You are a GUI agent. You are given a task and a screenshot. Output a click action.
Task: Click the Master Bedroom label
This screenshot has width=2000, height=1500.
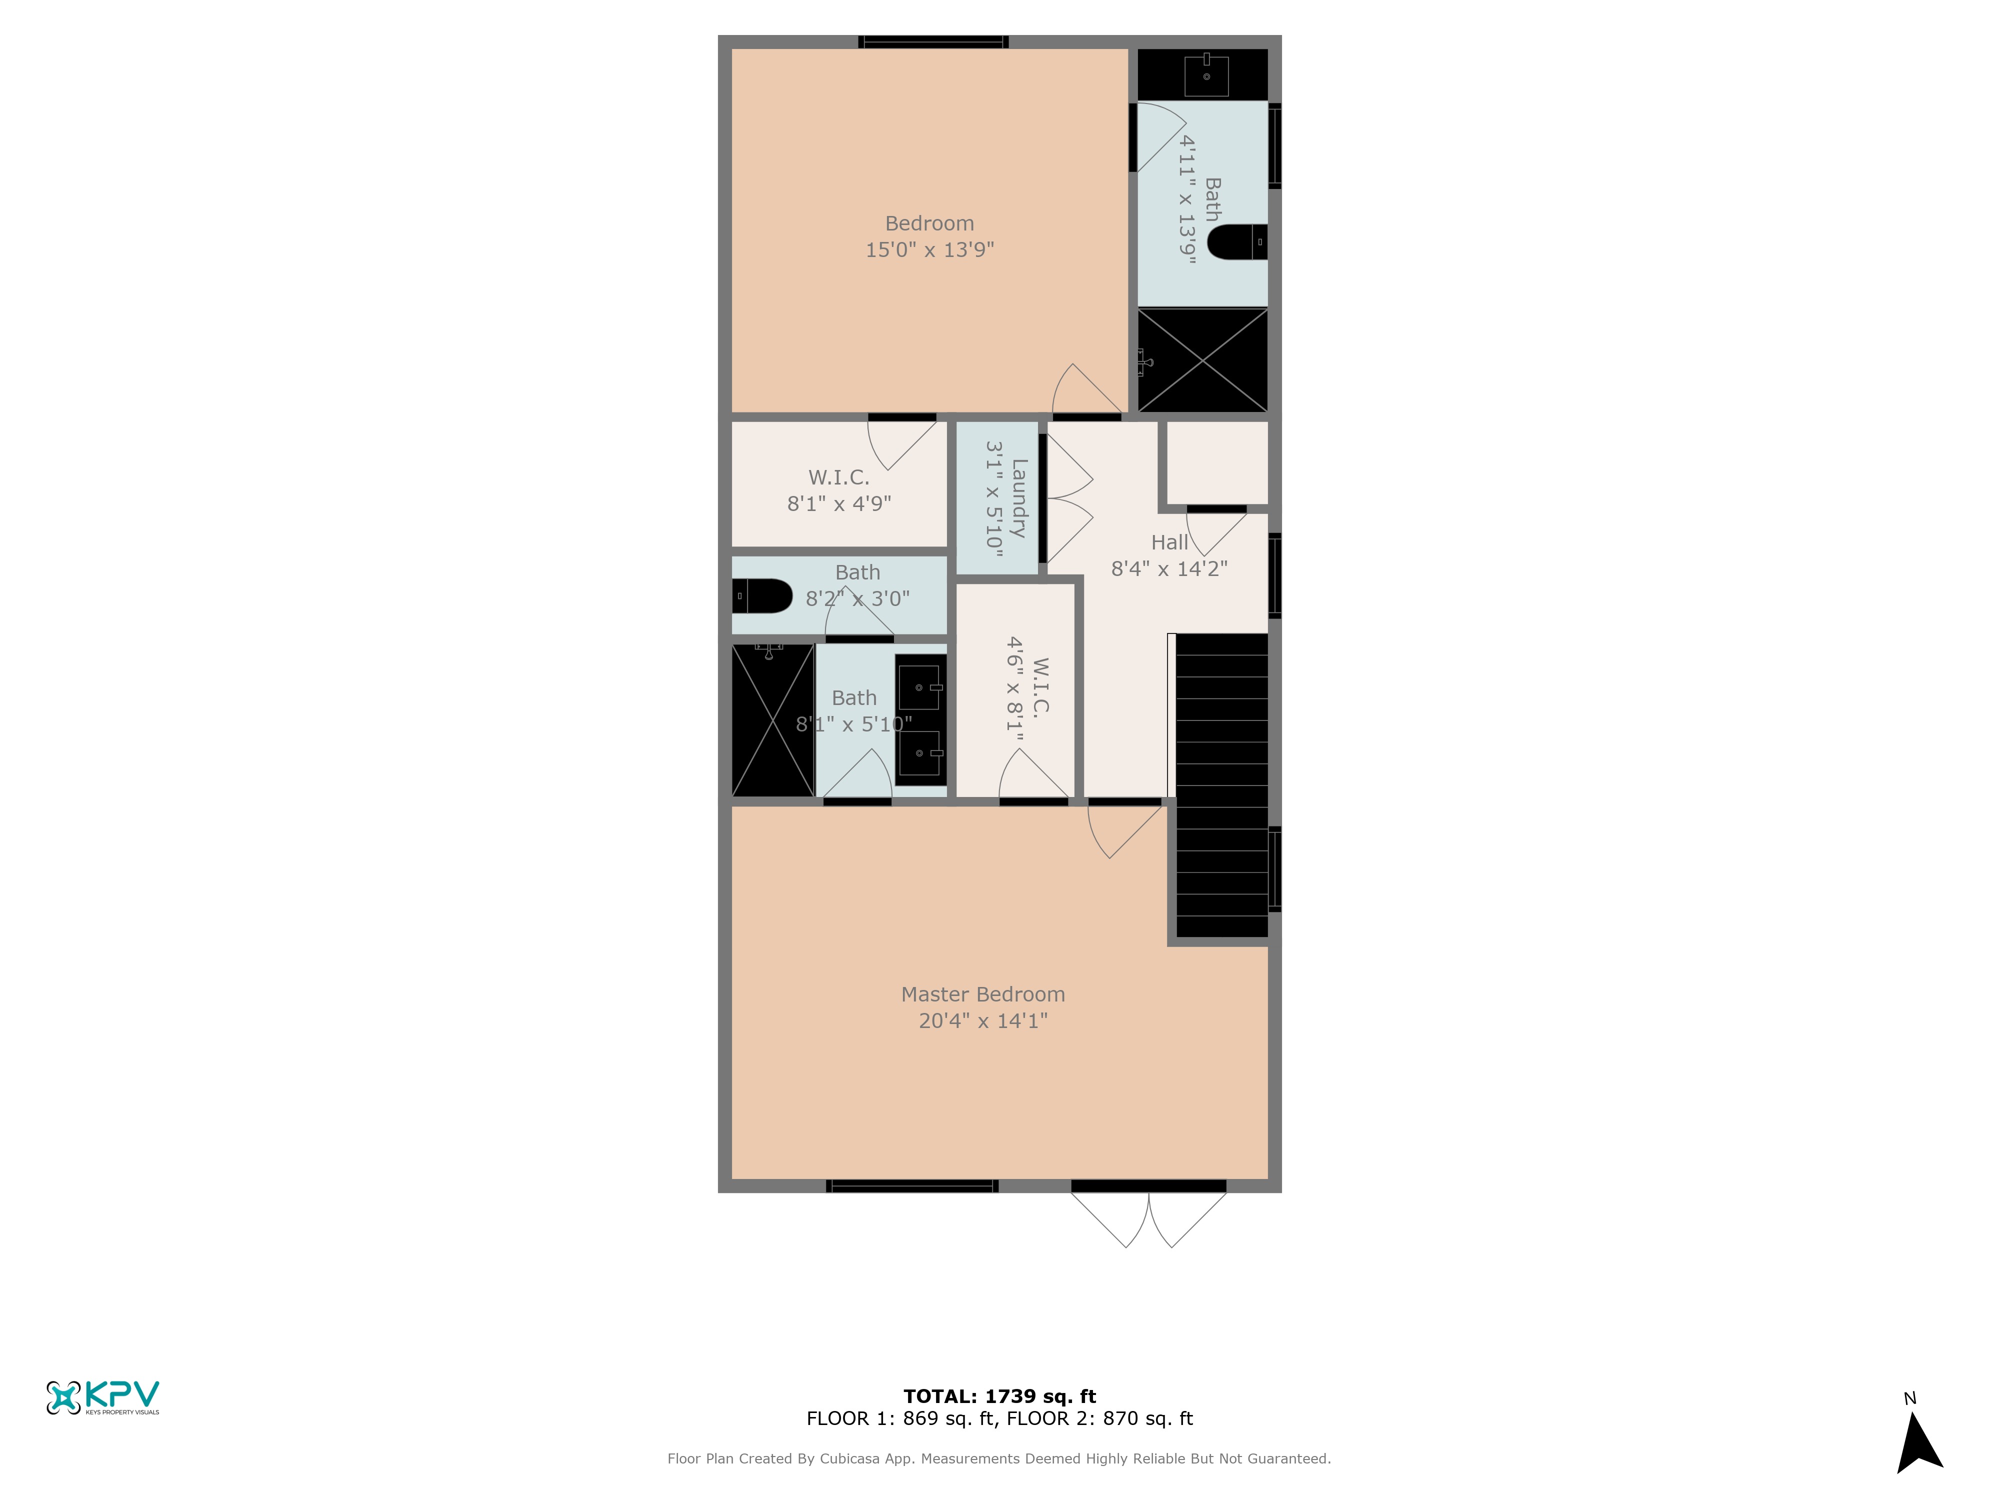click(983, 994)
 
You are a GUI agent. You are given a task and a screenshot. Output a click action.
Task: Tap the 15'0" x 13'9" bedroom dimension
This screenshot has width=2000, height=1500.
click(929, 249)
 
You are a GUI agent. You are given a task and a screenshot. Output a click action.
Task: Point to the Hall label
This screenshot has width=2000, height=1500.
click(1169, 542)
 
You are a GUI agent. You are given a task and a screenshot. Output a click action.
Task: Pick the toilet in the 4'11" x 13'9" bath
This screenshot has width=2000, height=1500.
click(1237, 242)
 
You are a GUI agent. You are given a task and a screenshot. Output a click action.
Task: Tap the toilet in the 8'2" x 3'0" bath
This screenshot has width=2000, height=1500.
click(762, 596)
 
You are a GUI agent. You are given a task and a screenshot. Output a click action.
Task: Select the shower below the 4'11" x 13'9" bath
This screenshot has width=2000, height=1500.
click(1202, 360)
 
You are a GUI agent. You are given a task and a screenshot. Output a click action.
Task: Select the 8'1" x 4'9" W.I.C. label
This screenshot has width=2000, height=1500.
click(839, 490)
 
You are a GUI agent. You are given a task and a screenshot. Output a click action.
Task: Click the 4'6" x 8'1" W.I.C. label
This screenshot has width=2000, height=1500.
click(1028, 689)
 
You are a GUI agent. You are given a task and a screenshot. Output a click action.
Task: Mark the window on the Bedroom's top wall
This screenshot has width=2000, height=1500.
click(933, 41)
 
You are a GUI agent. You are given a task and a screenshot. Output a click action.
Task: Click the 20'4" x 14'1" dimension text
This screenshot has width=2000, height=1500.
click(983, 1021)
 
